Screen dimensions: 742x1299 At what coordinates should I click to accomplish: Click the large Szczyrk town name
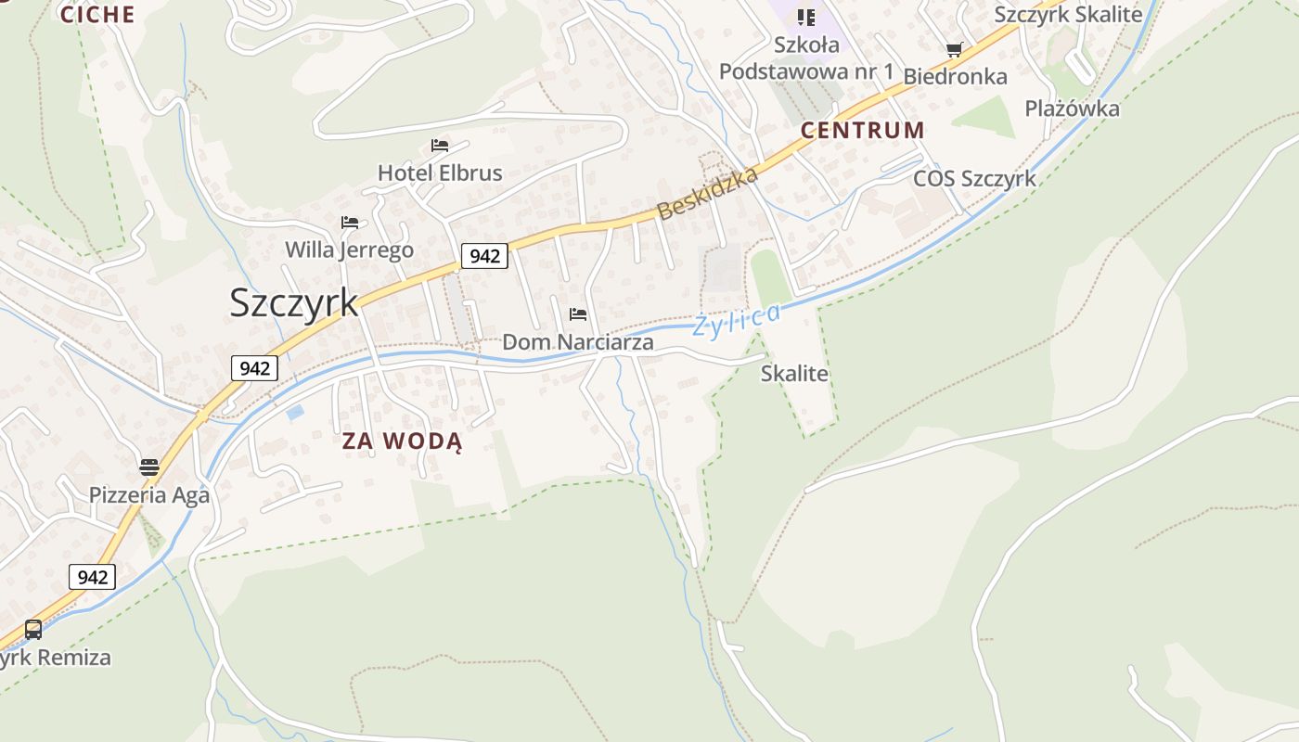294,303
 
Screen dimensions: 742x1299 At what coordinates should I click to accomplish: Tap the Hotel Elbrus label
440,173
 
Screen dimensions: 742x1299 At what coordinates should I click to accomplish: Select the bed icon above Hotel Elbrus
440,146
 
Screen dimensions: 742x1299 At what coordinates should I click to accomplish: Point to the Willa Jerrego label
349,249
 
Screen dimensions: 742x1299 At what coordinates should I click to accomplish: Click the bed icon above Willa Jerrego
350,223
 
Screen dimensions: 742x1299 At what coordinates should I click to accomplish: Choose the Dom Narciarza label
577,342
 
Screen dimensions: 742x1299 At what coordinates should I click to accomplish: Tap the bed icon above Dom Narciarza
578,314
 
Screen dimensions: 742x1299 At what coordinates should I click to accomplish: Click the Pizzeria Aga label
149,494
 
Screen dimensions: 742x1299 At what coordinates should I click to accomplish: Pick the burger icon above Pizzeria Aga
149,467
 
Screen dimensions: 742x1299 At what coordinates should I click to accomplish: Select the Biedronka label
955,76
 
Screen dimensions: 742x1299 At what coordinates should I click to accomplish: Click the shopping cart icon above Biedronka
954,49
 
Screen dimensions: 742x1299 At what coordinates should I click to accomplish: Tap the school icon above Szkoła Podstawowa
806,18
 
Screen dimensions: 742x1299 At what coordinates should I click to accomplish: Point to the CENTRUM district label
863,130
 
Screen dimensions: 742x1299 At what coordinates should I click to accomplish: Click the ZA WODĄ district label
402,441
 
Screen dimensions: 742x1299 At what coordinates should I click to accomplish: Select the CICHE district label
97,14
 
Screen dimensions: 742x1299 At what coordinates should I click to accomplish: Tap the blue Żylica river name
738,321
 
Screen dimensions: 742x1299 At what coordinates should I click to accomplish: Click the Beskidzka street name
708,194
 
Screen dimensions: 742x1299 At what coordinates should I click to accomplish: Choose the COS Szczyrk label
974,178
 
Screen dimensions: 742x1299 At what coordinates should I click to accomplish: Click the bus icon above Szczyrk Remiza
33,630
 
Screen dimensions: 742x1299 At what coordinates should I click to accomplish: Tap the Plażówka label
1072,109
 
